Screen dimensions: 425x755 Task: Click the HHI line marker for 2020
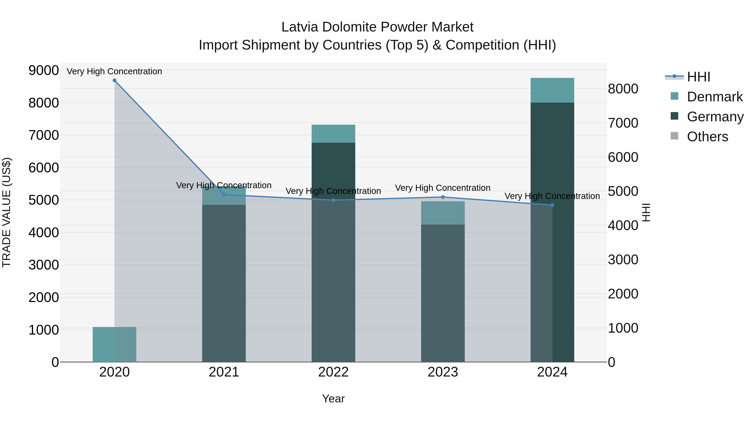(114, 80)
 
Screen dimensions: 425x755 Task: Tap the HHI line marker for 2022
(333, 200)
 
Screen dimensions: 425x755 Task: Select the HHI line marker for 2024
(552, 205)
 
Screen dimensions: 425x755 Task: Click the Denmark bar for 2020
(114, 344)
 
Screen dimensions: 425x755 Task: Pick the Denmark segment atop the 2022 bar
(333, 134)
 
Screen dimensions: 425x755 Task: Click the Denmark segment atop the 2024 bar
(552, 90)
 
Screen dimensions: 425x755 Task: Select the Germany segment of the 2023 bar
(443, 293)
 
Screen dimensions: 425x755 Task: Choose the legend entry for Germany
(715, 117)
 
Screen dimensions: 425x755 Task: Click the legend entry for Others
(707, 137)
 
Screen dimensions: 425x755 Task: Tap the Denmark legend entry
(714, 97)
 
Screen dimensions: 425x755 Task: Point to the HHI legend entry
(698, 77)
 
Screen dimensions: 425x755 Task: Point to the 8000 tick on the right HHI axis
(623, 89)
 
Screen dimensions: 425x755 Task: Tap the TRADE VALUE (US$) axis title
(7, 212)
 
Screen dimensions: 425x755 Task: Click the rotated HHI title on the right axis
(646, 212)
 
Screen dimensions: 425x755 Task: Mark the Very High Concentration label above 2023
(443, 188)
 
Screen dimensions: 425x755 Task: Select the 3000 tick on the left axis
(43, 265)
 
